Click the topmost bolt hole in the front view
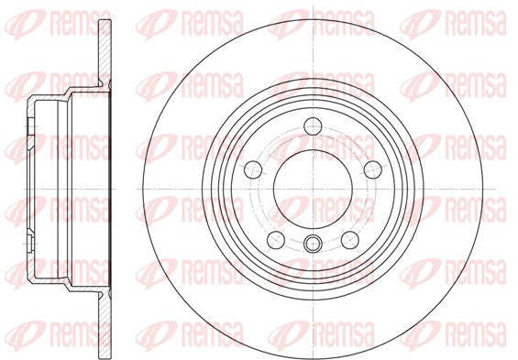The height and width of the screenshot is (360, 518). (313, 126)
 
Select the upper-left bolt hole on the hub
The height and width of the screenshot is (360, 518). (253, 169)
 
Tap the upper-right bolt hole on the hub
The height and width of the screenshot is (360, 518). (372, 169)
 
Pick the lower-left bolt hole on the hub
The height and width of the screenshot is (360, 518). (276, 240)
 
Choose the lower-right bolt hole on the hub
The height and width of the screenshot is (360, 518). (350, 240)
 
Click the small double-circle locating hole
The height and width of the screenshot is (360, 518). (313, 244)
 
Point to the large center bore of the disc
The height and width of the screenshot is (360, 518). (313, 189)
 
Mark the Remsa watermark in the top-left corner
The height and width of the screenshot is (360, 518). (58, 24)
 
